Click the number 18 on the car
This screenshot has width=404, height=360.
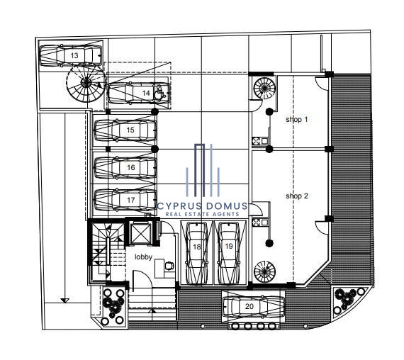197,247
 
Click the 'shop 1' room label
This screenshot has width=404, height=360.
296,119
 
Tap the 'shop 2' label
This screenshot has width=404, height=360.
297,196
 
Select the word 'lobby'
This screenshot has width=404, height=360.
143,257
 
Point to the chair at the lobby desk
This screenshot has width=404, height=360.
169,266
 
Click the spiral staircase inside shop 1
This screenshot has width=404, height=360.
264,88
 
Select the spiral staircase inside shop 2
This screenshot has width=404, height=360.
264,271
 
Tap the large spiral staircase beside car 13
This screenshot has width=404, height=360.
86,82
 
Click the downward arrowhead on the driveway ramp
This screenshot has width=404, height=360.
64,300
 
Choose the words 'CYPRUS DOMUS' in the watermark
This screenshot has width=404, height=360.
202,206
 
